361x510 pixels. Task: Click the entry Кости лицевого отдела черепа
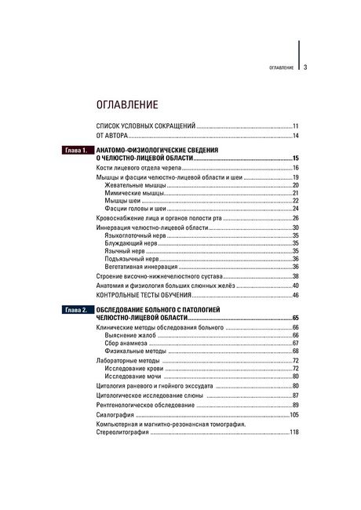(137, 168)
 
